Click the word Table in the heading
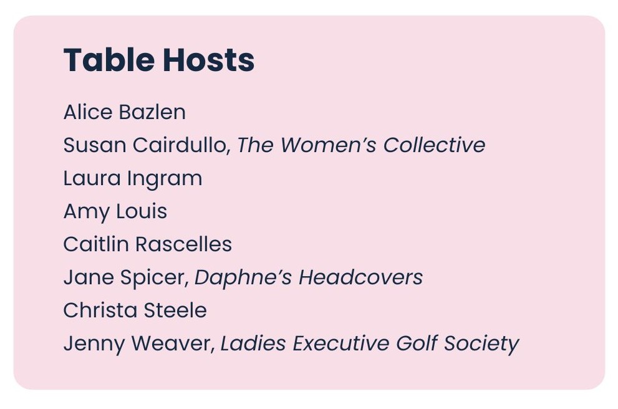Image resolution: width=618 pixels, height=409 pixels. tap(109, 60)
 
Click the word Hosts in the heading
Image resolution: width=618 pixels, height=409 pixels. tap(208, 60)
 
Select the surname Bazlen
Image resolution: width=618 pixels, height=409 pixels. tap(152, 112)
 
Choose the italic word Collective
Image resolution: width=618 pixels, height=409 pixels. tap(434, 145)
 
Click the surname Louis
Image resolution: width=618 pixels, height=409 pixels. tap(142, 211)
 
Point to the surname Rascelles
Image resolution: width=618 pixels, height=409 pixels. tap(184, 244)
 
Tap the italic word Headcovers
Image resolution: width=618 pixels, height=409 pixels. tap(360, 277)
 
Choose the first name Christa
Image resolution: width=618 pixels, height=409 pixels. tap(100, 310)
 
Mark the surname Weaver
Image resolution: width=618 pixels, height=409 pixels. tap(173, 343)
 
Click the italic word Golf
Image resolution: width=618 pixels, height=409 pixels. tap(417, 343)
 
